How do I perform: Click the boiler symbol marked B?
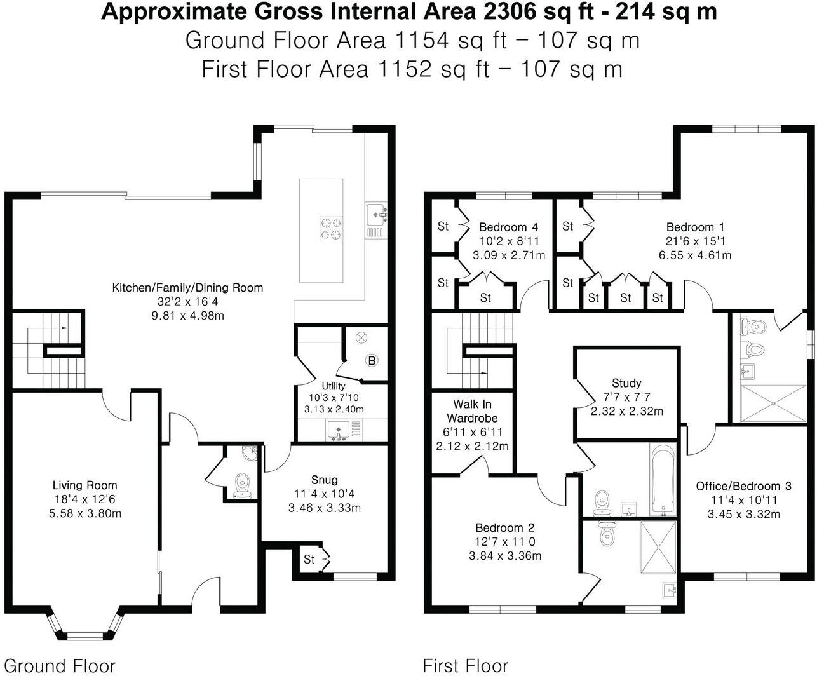(x=372, y=360)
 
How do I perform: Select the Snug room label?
(x=325, y=480)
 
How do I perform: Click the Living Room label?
(x=85, y=485)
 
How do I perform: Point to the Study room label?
(x=626, y=383)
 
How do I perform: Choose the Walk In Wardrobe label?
(x=472, y=411)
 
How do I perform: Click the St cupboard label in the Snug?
(x=309, y=559)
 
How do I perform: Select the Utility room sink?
(x=337, y=431)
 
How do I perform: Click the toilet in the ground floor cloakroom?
(x=243, y=486)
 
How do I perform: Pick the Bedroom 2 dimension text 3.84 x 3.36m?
(x=505, y=556)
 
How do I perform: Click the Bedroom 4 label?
(x=508, y=227)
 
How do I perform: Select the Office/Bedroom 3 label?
(x=743, y=486)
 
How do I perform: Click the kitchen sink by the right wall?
(x=377, y=215)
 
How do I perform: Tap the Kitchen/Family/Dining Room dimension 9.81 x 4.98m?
(x=188, y=316)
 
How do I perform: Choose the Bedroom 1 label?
(x=695, y=227)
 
